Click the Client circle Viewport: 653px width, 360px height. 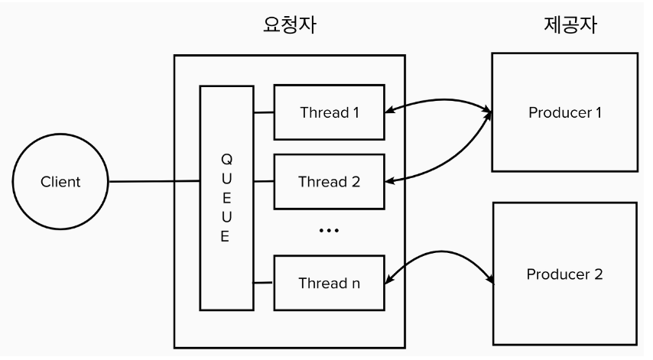[x=60, y=183]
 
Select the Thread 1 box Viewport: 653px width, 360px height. [x=329, y=112]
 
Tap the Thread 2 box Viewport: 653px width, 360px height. [x=329, y=182]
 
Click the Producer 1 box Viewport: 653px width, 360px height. [x=565, y=112]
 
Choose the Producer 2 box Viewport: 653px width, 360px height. [x=565, y=273]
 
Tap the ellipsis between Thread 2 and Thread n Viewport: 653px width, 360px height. [x=329, y=230]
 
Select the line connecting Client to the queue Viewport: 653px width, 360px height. [x=154, y=182]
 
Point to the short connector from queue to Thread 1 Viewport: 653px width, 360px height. [x=265, y=113]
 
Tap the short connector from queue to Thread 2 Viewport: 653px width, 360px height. [x=265, y=182]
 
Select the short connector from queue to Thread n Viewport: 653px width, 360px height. [x=265, y=283]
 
